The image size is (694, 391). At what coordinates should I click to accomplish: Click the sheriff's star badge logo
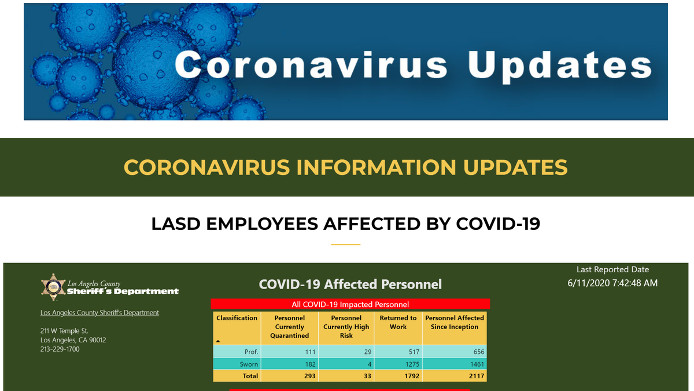53,287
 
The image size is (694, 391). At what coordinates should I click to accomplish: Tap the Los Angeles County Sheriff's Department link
99,312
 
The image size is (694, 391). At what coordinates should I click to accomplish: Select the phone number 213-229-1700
60,349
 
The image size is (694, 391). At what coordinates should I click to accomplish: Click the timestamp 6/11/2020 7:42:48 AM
612,283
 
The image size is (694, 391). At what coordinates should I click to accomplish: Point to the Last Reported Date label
612,269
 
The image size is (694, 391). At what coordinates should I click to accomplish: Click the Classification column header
237,318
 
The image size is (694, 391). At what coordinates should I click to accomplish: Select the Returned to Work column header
398,323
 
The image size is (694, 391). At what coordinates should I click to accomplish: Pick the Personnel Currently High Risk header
346,327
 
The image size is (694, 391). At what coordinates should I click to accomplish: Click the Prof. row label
251,352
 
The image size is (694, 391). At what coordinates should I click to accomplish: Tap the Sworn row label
249,364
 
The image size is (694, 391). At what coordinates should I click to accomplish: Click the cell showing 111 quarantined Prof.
310,352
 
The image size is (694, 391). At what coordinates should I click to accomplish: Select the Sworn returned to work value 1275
412,364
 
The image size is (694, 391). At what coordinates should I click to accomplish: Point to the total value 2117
477,376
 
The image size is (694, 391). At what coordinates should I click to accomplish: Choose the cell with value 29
367,352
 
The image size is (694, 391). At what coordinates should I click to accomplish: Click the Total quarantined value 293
310,376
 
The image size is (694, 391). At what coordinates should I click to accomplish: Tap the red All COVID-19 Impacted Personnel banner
350,304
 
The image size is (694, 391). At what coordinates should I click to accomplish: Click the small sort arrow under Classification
218,341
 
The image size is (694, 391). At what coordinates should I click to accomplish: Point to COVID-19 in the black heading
498,224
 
